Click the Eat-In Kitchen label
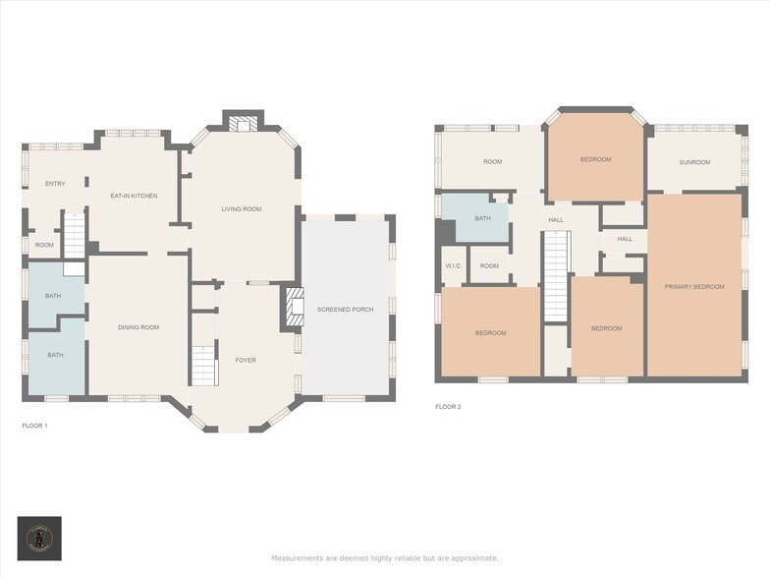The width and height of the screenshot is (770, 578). point(134,196)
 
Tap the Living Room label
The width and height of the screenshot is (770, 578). point(241,208)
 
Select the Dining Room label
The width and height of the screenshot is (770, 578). point(138,327)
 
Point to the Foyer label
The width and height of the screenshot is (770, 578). point(246,360)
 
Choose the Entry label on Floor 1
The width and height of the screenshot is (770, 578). point(55,184)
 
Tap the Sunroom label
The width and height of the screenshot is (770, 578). point(693,162)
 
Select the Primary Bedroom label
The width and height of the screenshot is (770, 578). point(693,286)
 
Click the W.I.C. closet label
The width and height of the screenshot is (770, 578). point(453,265)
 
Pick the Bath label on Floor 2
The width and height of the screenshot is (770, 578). point(482,218)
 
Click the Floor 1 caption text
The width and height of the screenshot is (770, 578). point(34,426)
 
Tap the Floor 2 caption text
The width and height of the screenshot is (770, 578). point(448,406)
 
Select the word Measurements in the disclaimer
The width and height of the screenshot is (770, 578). point(297,558)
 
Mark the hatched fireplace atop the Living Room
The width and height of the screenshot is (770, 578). point(243,123)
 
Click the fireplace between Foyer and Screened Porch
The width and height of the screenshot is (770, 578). point(292,307)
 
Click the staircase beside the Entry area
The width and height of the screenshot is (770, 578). point(75,237)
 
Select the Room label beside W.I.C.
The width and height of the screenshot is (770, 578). point(489,265)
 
